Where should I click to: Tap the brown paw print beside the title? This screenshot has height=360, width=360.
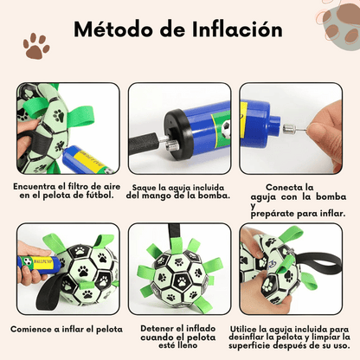[x=35, y=46]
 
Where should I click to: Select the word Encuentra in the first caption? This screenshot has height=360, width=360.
[x=39, y=186]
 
